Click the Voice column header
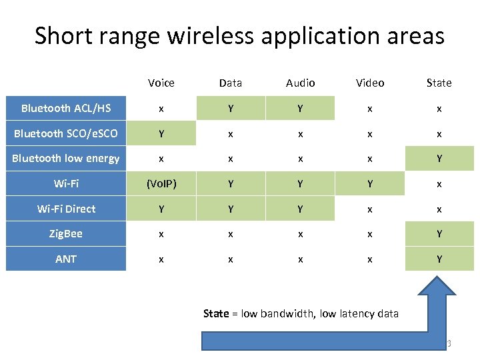coord(161,83)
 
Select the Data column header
coord(231,83)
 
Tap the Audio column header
coord(300,83)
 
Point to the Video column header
coord(370,83)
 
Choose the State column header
coord(439,83)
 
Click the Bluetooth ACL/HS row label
coord(66,108)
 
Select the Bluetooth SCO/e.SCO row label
coord(66,133)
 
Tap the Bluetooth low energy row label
coord(66,158)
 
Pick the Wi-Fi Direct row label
coord(66,209)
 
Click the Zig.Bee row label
coord(66,234)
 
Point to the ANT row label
coord(66,259)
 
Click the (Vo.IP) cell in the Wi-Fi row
coord(161,183)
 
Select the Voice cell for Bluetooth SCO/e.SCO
coord(161,133)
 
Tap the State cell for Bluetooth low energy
coord(439,158)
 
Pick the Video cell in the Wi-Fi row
coord(370,183)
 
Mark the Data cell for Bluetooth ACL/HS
coord(231,108)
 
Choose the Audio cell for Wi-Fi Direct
coord(300,209)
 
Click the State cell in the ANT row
coord(439,259)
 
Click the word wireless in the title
coord(211,35)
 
